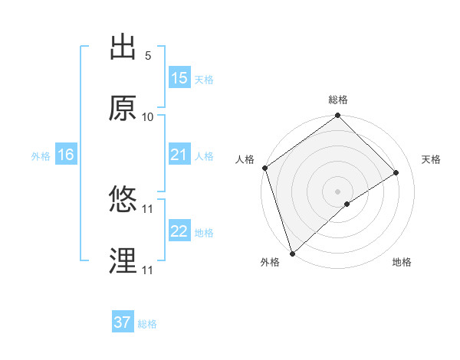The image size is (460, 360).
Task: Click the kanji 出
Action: [x=123, y=47]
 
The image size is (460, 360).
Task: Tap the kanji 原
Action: [x=123, y=108]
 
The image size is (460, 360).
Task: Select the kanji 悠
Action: [x=123, y=200]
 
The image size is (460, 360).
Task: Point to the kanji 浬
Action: [x=123, y=261]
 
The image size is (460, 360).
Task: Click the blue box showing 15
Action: [x=179, y=78]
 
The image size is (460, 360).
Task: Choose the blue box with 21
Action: [x=179, y=155]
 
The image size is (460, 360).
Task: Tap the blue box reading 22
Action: [x=179, y=231]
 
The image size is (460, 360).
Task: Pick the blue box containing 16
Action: [x=66, y=155]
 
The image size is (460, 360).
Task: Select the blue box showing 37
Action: [x=123, y=322]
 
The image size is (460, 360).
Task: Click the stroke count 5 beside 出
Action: [x=148, y=56]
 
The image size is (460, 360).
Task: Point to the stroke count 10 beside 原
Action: [x=148, y=117]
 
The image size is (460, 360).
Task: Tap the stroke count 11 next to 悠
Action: [x=148, y=208]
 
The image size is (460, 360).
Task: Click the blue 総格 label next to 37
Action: [x=148, y=324]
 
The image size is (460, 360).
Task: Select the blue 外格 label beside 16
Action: [x=41, y=155]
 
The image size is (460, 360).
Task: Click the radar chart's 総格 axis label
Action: [x=338, y=100]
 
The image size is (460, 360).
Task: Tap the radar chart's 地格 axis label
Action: [x=402, y=263]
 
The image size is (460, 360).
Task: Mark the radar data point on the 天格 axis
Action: [x=396, y=172]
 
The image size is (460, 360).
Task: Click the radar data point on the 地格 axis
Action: [x=347, y=204]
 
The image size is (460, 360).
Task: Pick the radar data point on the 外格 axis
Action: [x=291, y=254]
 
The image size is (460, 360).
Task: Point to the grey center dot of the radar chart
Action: [x=338, y=191]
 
